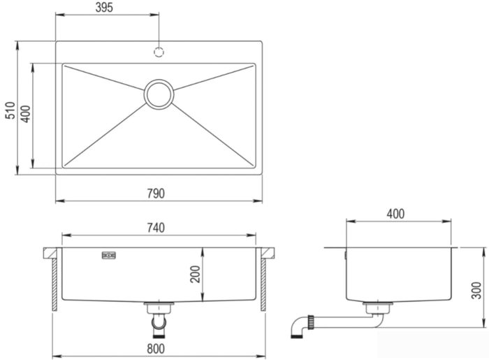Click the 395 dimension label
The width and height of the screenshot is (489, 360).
pyautogui.click(x=104, y=8)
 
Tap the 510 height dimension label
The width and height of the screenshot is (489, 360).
pyautogui.click(x=10, y=110)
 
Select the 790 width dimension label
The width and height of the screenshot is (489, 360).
pyautogui.click(x=156, y=194)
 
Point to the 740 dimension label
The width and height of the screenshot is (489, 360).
pyautogui.click(x=156, y=228)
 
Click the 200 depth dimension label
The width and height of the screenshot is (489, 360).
pyautogui.click(x=195, y=274)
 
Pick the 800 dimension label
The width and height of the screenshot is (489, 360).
pyautogui.click(x=156, y=349)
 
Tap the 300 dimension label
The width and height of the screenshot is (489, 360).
pyautogui.click(x=476, y=290)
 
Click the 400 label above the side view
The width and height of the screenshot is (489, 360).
pyautogui.click(x=395, y=214)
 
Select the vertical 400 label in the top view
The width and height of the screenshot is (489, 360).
pyautogui.click(x=26, y=114)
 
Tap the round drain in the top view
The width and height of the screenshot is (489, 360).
pyautogui.click(x=159, y=95)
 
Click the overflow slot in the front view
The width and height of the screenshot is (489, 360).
pyautogui.click(x=109, y=255)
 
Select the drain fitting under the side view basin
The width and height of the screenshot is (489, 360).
pyautogui.click(x=378, y=308)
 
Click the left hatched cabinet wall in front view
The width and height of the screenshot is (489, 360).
pyautogui.click(x=54, y=285)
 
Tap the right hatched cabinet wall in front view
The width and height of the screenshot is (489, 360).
pyautogui.click(x=263, y=285)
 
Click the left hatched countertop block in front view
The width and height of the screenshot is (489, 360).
pyautogui.click(x=50, y=253)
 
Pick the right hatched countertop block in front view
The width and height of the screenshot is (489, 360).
pyautogui.click(x=268, y=253)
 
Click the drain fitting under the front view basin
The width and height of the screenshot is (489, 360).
pyautogui.click(x=159, y=308)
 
